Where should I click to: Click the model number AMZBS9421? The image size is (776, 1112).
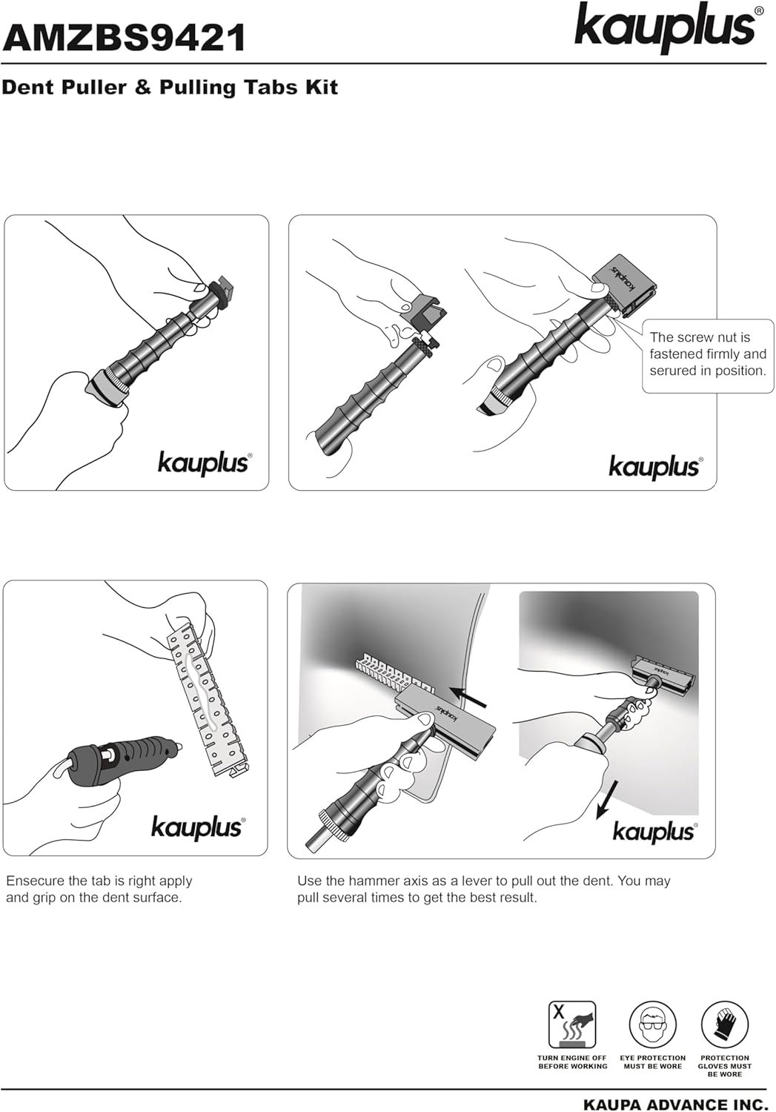tap(124, 39)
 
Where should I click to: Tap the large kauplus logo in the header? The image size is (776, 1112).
tap(665, 27)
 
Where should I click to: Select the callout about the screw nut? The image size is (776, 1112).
tap(708, 356)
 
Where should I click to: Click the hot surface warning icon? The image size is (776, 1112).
tap(571, 1024)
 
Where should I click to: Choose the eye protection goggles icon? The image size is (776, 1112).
tap(652, 1024)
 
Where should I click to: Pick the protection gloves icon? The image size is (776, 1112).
tap(724, 1024)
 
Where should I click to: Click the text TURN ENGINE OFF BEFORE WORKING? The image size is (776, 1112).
tap(572, 1062)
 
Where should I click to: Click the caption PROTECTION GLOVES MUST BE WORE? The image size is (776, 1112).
tap(724, 1066)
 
